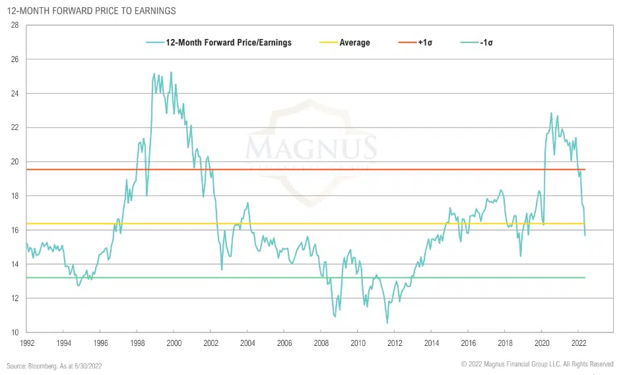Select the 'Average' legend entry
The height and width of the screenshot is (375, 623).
354,43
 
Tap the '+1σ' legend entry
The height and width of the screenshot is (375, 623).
424,43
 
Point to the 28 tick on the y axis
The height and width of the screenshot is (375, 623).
14,25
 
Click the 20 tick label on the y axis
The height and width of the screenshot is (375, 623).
14,162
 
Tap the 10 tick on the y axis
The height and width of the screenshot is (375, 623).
14,332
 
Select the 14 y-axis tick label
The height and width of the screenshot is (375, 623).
14,264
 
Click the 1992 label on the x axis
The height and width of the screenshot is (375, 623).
27,343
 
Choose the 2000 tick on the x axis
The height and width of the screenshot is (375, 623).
174,343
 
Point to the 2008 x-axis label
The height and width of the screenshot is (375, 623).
321,343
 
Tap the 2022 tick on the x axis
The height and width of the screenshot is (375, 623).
578,343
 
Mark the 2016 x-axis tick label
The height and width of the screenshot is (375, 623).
468,343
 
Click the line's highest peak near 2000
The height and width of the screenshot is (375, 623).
172,73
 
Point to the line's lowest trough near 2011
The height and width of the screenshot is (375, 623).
387,323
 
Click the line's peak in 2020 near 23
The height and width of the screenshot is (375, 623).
551,113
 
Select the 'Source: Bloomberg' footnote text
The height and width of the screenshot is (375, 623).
54,365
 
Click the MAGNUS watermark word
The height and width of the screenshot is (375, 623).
311,147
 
